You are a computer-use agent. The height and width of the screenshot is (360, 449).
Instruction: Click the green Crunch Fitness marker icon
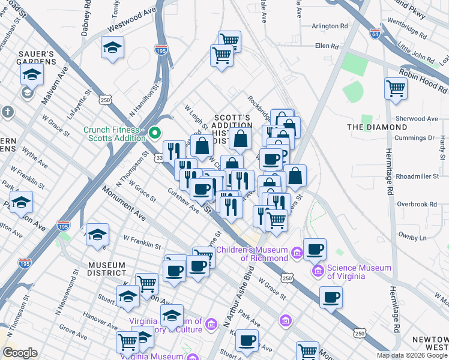(155, 133)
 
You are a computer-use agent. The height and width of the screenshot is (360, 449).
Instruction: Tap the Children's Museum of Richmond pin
(297, 254)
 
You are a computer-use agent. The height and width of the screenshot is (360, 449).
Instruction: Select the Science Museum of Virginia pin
(318, 271)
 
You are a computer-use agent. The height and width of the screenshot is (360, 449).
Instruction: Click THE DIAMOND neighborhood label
(377, 127)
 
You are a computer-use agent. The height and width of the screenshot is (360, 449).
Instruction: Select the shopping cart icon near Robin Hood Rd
(396, 88)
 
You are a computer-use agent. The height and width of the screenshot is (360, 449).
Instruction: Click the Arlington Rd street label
(330, 26)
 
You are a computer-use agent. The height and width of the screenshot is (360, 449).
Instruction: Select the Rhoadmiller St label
(415, 176)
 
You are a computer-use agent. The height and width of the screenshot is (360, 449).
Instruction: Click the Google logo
(20, 353)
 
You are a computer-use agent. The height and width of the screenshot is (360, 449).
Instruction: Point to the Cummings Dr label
(415, 137)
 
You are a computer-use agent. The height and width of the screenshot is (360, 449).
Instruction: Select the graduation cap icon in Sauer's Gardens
(32, 74)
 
